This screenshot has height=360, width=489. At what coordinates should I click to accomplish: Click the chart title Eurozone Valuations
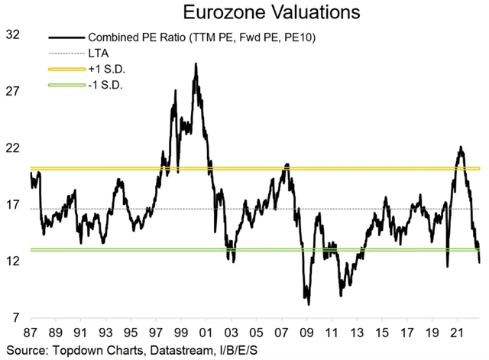pyautogui.click(x=244, y=13)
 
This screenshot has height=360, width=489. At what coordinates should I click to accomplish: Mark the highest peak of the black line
pyautogui.click(x=196, y=65)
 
